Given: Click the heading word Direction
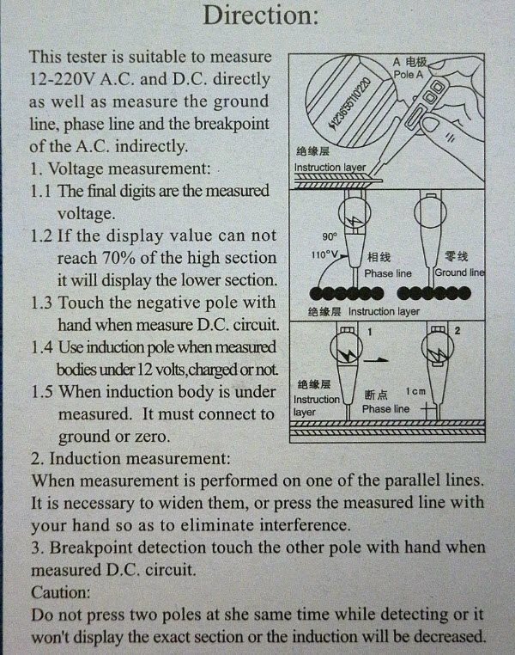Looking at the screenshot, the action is (260, 15).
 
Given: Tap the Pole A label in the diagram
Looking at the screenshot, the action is (409, 75).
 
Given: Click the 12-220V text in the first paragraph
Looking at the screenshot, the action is (63, 78).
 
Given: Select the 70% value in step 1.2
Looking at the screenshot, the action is (118, 258).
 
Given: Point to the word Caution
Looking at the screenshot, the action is (61, 592).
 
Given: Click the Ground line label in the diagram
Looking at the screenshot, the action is (459, 272).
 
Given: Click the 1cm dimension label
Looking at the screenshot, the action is (415, 391).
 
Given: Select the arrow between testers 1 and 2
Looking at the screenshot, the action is (376, 359).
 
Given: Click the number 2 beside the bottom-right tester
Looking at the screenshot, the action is (457, 331).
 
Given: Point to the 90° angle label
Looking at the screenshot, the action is (330, 236).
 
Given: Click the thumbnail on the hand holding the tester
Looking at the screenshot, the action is (430, 124).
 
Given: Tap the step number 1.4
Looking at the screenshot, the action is (42, 347).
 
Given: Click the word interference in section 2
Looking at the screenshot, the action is (305, 524).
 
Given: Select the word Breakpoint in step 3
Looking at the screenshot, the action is (93, 548).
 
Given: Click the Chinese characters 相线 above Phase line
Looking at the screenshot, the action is (379, 257).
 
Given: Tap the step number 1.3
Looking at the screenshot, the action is (42, 303).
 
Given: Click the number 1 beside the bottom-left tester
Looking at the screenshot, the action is (369, 332).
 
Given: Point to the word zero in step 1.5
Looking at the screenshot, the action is (152, 437).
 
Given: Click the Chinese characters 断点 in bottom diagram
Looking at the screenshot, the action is (376, 395).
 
